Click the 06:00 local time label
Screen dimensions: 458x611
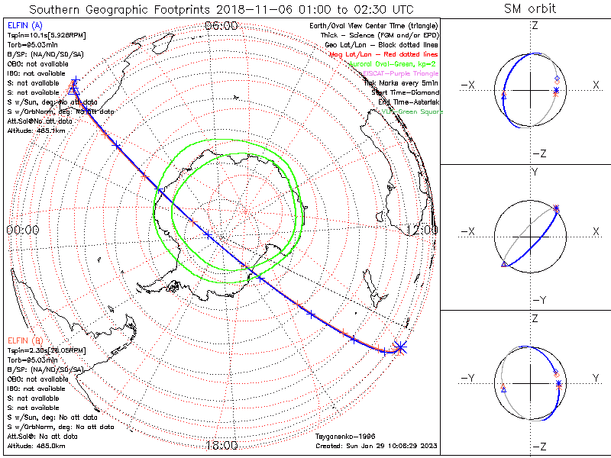point(220,25)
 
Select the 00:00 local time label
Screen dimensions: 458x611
point(22,230)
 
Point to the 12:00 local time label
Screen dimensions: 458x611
point(422,230)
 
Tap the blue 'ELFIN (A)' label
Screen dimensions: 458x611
point(24,25)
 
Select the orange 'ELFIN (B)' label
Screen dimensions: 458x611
point(24,339)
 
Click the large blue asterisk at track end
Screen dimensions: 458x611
point(400,347)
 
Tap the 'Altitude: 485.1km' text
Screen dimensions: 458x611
point(37,131)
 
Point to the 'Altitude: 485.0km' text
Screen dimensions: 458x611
point(37,444)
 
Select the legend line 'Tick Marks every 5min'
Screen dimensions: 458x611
point(401,83)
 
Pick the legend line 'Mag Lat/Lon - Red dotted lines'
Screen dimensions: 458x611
point(393,54)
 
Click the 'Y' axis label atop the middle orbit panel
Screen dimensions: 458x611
point(534,173)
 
